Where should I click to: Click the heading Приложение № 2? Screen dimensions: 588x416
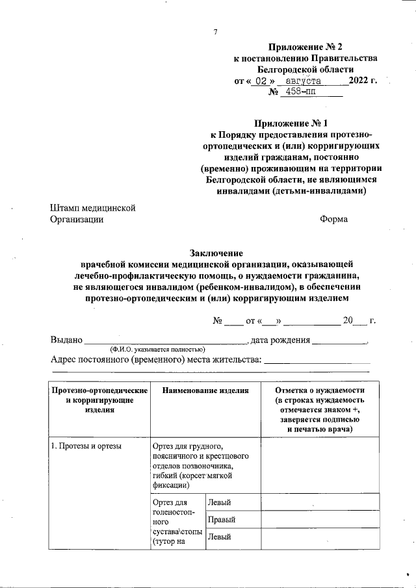[304, 47]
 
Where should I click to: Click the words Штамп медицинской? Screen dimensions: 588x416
[92, 208]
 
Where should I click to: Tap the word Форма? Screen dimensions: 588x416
[333, 220]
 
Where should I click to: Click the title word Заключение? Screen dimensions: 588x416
[216, 253]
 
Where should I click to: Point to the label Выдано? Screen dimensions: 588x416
[66, 339]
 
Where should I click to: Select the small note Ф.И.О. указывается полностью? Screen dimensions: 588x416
[158, 349]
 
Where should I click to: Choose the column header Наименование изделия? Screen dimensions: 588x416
[206, 391]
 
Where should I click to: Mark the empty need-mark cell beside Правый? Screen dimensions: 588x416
[320, 520]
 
